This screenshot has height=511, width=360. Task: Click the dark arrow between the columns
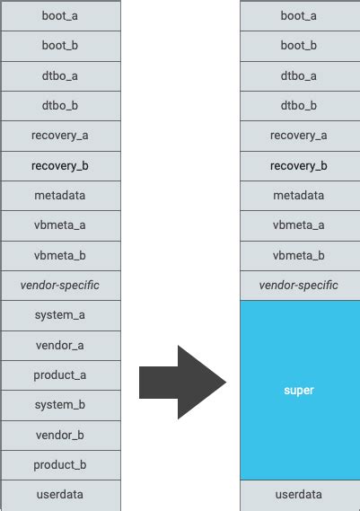[x=182, y=383]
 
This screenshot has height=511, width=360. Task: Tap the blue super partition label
[x=299, y=390]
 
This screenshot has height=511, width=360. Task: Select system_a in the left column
[x=60, y=315]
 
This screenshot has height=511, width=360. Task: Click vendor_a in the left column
[x=60, y=346]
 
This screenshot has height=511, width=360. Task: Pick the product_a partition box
[x=60, y=375]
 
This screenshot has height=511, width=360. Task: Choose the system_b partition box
[x=60, y=405]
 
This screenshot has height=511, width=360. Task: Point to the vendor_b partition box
[x=60, y=435]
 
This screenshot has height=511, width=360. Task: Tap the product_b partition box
[x=60, y=464]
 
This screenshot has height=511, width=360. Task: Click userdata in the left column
[x=60, y=495]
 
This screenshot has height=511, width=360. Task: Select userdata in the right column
[x=300, y=495]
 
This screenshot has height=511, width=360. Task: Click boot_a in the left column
[x=60, y=16]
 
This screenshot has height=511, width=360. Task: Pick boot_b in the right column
[x=300, y=46]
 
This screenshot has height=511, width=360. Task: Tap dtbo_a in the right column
[x=300, y=76]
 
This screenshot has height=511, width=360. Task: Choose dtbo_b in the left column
[x=60, y=106]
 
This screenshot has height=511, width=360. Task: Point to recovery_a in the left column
[x=60, y=136]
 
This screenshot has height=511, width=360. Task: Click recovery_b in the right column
[x=300, y=166]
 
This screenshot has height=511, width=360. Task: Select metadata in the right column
[x=300, y=196]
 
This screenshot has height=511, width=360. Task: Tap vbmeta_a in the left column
[x=60, y=225]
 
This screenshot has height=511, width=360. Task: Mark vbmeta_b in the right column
[x=300, y=255]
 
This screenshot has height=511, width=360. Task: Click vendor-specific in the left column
[x=60, y=286]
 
